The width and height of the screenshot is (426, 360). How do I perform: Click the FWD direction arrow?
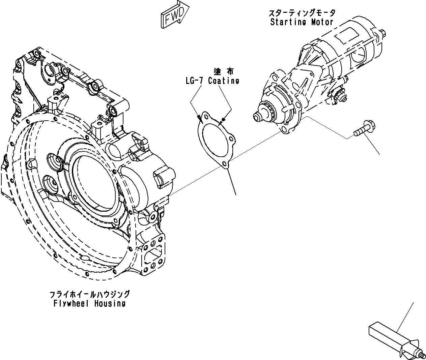pos(175,15)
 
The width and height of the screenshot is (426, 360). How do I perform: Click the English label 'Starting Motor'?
pos(302,22)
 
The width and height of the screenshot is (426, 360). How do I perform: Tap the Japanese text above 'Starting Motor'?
pos(302,13)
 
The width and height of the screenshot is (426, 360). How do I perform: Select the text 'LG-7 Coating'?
pos(212,81)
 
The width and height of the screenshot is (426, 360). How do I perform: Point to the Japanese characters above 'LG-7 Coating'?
pos(223,71)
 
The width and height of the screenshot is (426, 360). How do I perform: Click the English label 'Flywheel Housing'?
pos(89,303)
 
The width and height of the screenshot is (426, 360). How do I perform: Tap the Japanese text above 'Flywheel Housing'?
pos(89,294)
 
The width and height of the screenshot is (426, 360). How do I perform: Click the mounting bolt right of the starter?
pos(363,129)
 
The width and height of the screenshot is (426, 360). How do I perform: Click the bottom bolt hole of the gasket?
pos(224,164)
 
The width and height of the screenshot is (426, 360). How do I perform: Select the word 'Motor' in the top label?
pos(322,22)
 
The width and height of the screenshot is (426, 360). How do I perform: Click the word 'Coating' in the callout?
pos(224,81)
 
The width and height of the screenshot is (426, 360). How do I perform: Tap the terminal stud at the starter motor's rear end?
pos(384,32)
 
